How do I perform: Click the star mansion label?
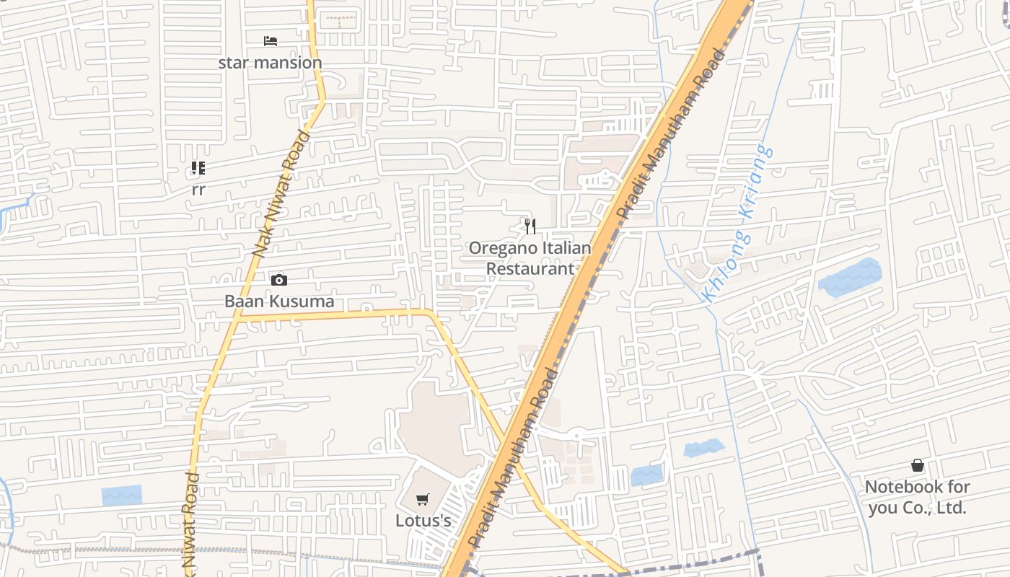coord(270,63)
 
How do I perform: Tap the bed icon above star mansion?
coord(271,40)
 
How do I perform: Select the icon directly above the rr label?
coord(198,169)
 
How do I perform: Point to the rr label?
coord(198,190)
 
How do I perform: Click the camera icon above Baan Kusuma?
coord(279,280)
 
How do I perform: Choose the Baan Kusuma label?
coord(279,301)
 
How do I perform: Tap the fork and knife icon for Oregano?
coord(530,226)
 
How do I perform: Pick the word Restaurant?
coord(530,269)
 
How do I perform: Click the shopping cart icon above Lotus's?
coord(423,499)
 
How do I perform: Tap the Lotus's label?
coord(423,521)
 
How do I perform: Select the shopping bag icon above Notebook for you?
coord(918,465)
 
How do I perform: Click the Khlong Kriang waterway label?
coord(737,224)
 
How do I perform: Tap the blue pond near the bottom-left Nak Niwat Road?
coord(121,495)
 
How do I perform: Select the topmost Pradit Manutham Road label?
coord(669,133)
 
